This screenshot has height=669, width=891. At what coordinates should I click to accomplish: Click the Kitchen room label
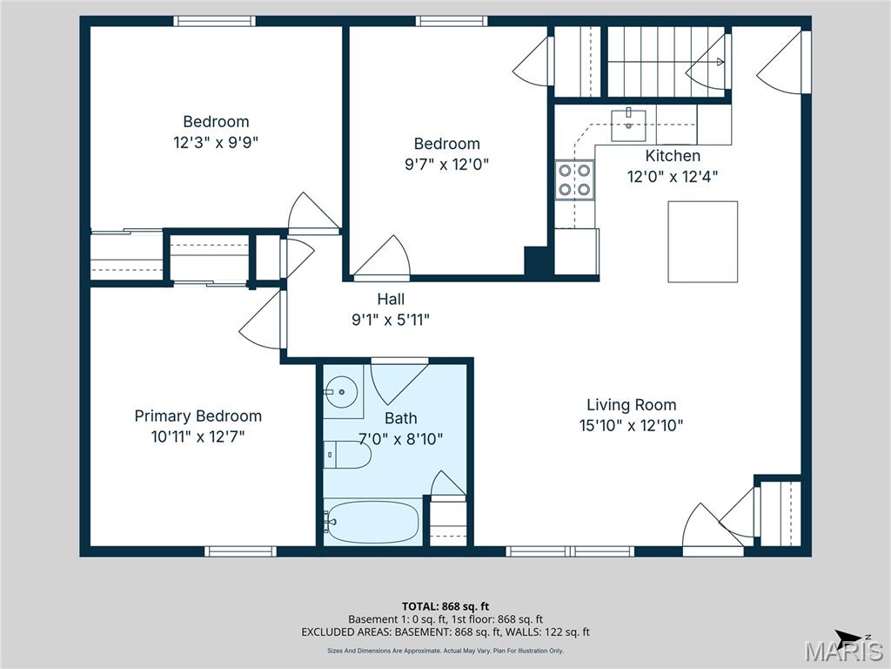[672, 156]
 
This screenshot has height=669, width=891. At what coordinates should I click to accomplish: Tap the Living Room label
[631, 404]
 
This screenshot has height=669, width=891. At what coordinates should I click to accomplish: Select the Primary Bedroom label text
[198, 416]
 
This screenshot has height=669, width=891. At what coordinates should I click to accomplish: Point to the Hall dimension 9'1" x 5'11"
[390, 320]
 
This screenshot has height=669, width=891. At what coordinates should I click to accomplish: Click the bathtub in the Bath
[372, 522]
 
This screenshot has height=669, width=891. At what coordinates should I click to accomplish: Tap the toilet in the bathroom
[347, 455]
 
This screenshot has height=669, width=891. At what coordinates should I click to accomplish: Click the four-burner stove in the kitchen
[574, 179]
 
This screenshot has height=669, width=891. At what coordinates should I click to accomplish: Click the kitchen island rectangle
[702, 241]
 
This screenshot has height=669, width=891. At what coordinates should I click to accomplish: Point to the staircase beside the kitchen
[666, 61]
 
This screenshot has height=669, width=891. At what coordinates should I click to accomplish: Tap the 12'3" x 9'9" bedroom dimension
[216, 142]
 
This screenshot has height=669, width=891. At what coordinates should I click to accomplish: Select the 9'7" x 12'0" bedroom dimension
[446, 164]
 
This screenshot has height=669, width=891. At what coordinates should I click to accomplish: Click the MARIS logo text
[843, 652]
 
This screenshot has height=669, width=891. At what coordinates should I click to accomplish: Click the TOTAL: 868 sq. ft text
[445, 606]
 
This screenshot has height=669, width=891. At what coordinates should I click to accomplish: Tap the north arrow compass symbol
[849, 636]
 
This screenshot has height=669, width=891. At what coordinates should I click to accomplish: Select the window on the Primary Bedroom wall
[240, 551]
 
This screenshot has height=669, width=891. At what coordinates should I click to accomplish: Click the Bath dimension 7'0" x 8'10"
[401, 439]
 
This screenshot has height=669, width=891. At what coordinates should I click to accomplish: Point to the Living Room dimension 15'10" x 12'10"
[631, 425]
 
